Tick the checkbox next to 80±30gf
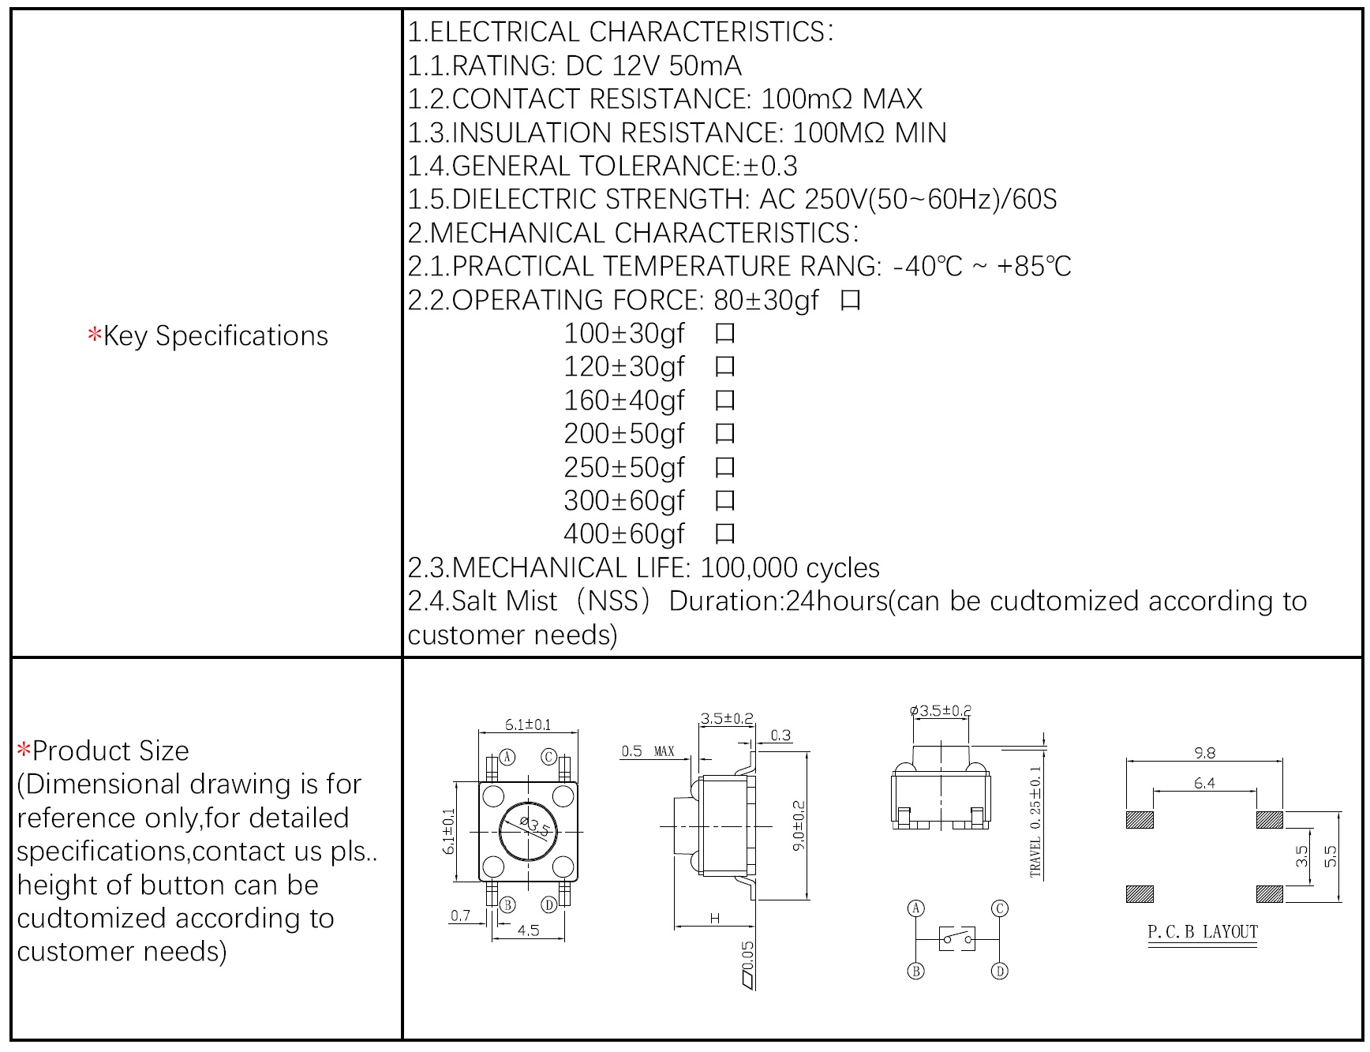[850, 301]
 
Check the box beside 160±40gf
[724, 401]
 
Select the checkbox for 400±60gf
[724, 534]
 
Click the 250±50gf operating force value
[623, 468]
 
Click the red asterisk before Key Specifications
[95, 336]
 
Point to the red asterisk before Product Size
[24, 751]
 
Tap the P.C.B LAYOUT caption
[1202, 932]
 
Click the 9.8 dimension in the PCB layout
[1204, 753]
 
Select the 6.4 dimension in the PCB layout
[1204, 783]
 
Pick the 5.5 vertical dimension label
[1331, 856]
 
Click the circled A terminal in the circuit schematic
[916, 908]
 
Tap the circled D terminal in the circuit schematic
[999, 971]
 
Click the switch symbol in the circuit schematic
[957, 938]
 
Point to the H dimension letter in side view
[715, 918]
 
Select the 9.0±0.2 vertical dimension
[799, 826]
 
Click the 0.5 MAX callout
[647, 751]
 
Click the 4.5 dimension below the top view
[528, 930]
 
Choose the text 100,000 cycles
[790, 568]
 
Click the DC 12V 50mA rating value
[654, 66]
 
